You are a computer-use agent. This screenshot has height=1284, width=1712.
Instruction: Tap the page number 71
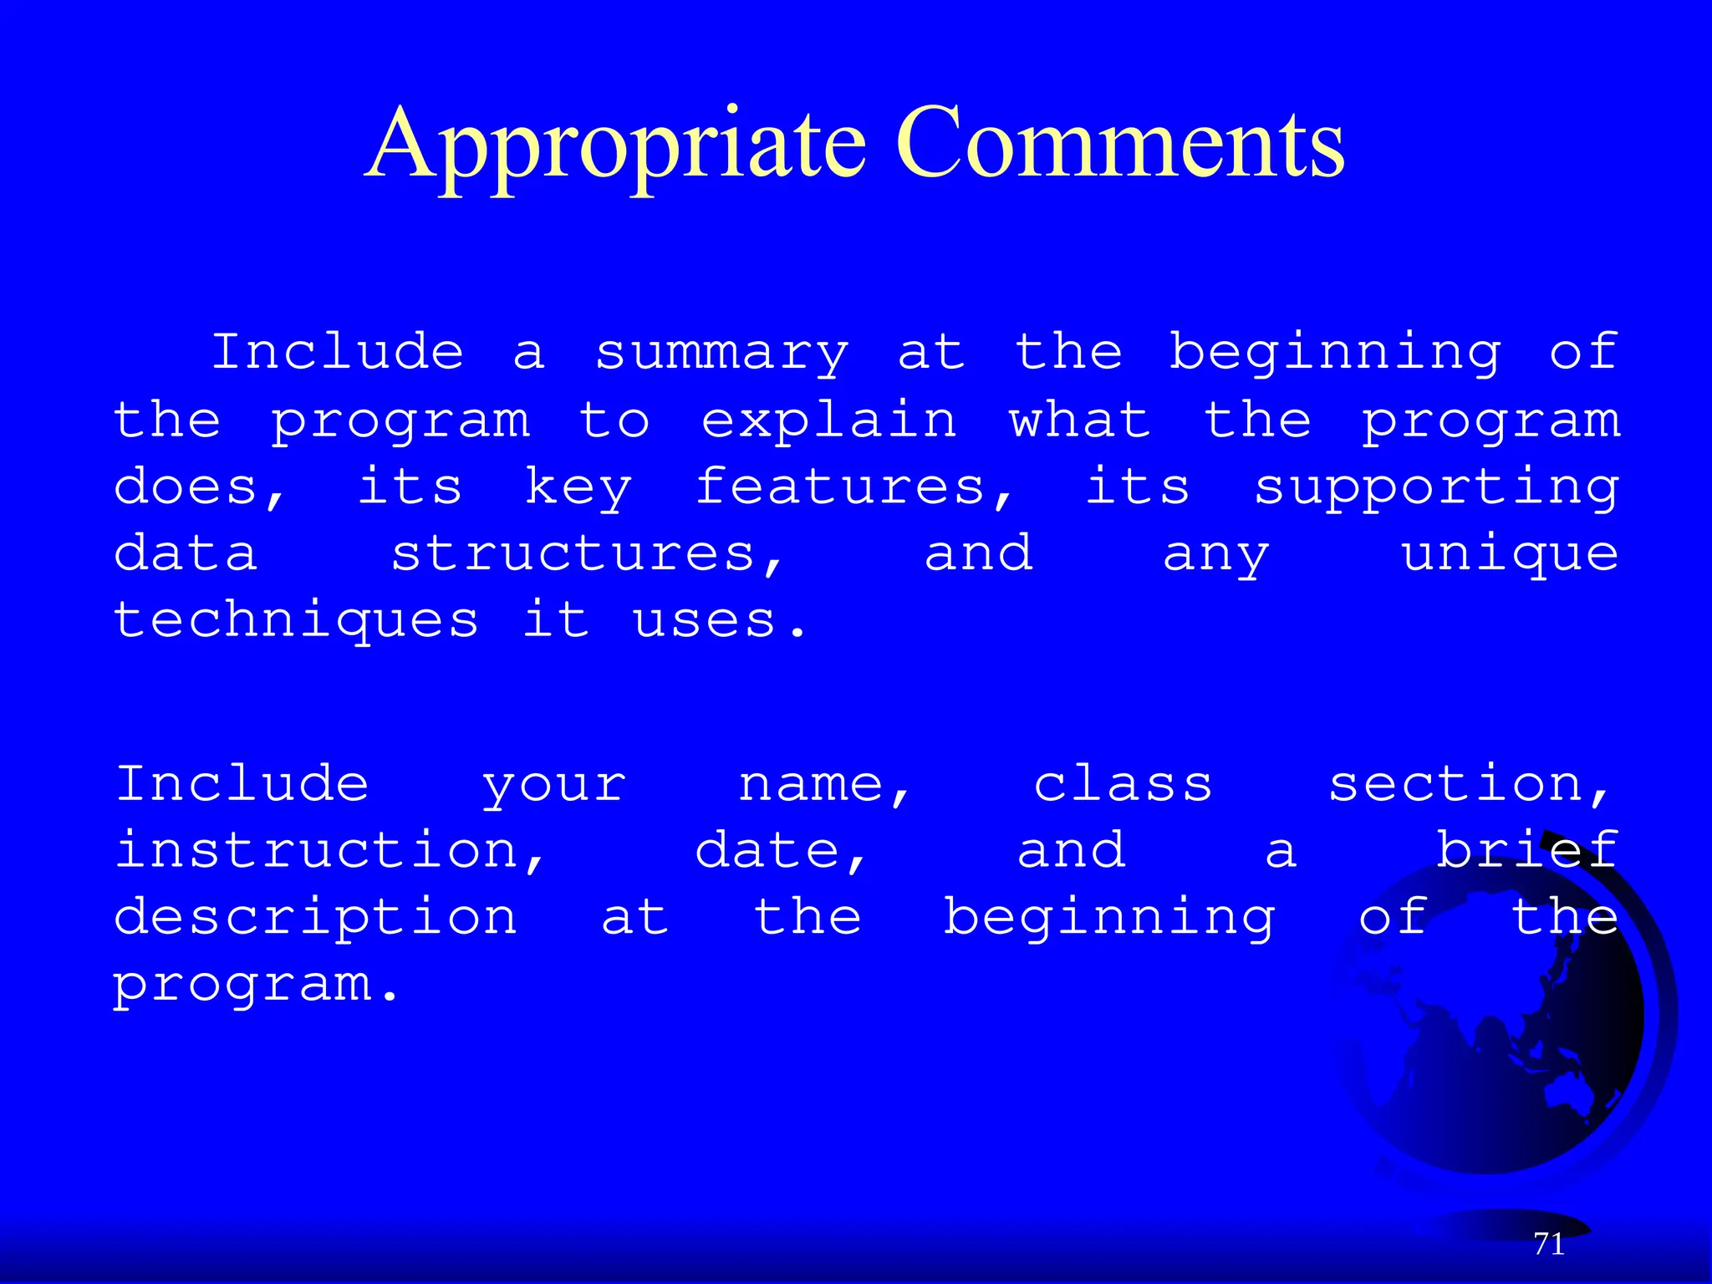[1549, 1244]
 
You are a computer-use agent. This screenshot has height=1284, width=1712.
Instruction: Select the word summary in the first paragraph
[722, 354]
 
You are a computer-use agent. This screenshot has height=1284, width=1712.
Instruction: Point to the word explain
[828, 421]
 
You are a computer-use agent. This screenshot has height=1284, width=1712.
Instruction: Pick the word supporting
[1436, 489]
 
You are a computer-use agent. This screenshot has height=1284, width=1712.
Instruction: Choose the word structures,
[588, 554]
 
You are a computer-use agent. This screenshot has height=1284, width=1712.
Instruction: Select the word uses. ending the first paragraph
[720, 621]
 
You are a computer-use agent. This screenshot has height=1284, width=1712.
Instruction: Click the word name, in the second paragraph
[824, 786]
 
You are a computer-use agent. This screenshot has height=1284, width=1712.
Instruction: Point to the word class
[1123, 784]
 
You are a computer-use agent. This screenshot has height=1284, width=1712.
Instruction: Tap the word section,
[1469, 786]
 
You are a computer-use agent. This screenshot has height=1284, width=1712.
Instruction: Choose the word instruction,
[330, 852]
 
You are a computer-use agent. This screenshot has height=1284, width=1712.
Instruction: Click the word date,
[781, 852]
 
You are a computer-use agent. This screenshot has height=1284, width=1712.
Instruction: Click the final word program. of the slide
[256, 985]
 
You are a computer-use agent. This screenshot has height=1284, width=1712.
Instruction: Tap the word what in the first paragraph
[1079, 420]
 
